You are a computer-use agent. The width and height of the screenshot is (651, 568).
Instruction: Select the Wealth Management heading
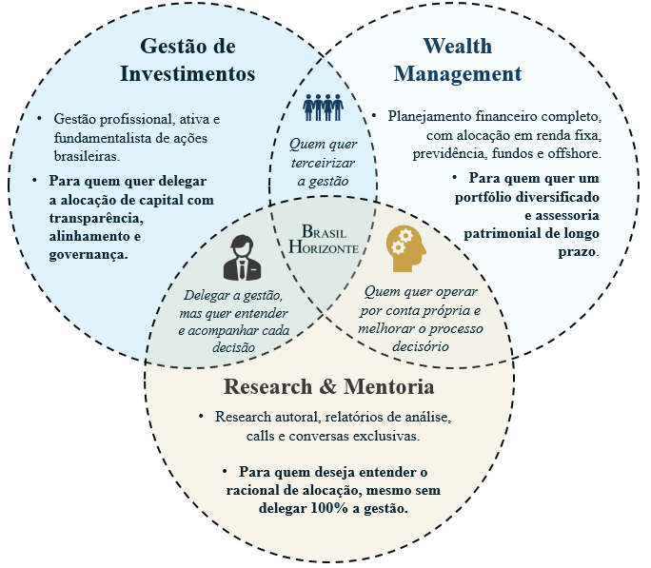[458, 60]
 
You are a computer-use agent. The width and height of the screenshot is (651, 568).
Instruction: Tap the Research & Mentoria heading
[328, 387]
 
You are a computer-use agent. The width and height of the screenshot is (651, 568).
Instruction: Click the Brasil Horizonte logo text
[325, 240]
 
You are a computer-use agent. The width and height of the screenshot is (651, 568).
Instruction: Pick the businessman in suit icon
[239, 257]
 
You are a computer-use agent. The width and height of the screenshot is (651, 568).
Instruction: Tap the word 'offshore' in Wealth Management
[573, 152]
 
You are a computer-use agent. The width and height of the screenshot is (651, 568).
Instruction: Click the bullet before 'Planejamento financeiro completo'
[376, 116]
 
